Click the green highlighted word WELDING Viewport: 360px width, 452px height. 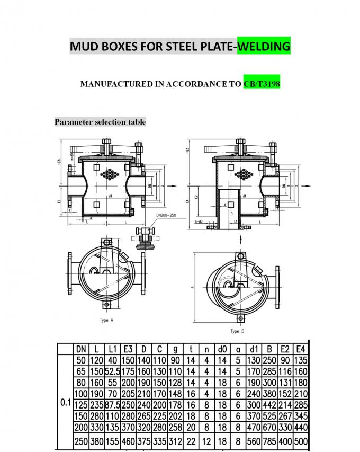(264, 47)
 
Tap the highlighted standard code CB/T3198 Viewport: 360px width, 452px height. (262, 84)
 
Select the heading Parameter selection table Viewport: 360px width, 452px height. (100, 122)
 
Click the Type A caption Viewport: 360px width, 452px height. (106, 320)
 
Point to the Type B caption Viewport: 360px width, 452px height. (237, 331)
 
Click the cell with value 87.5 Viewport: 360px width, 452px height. (112, 404)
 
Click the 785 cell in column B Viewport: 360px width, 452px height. (269, 441)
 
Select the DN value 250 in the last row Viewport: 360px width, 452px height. (81, 441)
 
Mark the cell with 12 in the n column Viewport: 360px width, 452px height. (206, 441)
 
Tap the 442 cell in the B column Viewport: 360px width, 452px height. (269, 404)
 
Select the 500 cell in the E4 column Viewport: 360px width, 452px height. (300, 441)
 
